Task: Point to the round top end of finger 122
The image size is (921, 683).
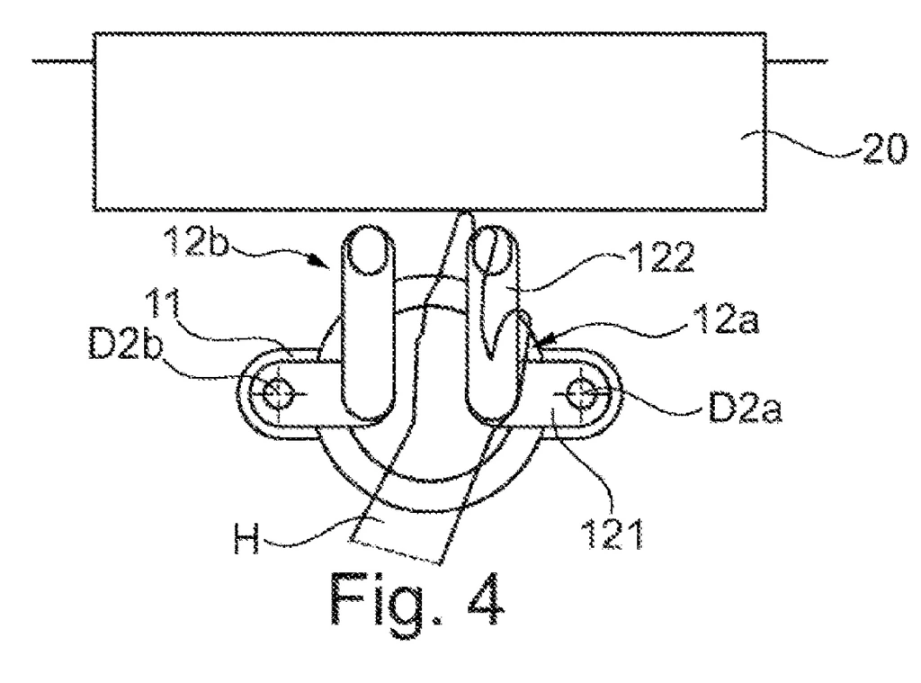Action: (490, 249)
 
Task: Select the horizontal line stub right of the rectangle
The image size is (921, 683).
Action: (797, 62)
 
